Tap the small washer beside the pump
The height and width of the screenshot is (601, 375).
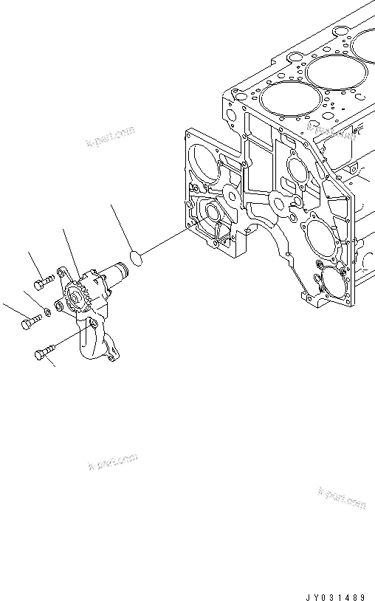pyautogui.click(x=47, y=310)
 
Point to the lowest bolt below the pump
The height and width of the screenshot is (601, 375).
pyautogui.click(x=43, y=354)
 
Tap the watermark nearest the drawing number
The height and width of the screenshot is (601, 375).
pyautogui.click(x=341, y=498)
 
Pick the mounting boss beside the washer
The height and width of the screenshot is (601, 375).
pyautogui.click(x=58, y=305)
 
